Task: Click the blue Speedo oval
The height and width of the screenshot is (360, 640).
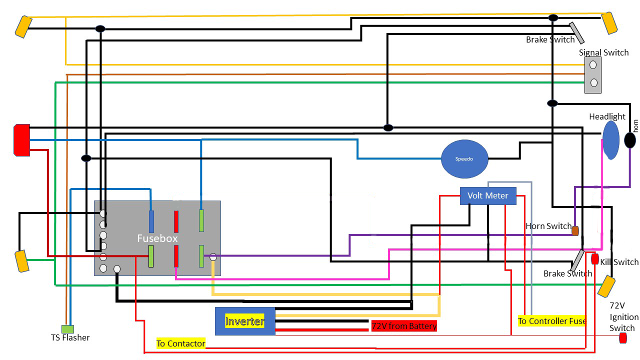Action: pyautogui.click(x=464, y=159)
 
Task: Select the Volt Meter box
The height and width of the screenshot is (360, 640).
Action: pyautogui.click(x=488, y=195)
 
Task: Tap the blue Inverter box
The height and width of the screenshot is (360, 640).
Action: pyautogui.click(x=245, y=321)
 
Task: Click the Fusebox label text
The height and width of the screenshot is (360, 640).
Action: pyautogui.click(x=157, y=238)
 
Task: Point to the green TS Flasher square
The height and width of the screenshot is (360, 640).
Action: pyautogui.click(x=67, y=329)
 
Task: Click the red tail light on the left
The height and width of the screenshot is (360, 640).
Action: pyautogui.click(x=21, y=140)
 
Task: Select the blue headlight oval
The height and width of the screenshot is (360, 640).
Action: pyautogui.click(x=611, y=140)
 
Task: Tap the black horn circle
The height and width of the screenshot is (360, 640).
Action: pyautogui.click(x=629, y=140)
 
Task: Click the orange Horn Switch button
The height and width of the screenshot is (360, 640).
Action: pyautogui.click(x=575, y=231)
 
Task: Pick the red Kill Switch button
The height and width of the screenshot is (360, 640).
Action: pyautogui.click(x=595, y=259)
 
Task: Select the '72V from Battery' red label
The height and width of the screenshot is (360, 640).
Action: pyautogui.click(x=404, y=326)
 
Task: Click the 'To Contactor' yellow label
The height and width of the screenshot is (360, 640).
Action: pyautogui.click(x=181, y=343)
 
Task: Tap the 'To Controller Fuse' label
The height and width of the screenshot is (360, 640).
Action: pyautogui.click(x=552, y=321)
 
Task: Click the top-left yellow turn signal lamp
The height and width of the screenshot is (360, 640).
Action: pyautogui.click(x=23, y=26)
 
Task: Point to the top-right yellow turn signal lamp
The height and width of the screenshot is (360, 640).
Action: pyautogui.click(x=609, y=23)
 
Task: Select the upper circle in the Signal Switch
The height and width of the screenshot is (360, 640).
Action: pyautogui.click(x=593, y=65)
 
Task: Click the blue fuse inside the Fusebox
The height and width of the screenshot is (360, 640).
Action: pyautogui.click(x=151, y=221)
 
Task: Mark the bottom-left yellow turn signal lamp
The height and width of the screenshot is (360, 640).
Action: pyautogui.click(x=22, y=261)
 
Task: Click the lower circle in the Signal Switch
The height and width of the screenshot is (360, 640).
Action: pyautogui.click(x=593, y=83)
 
